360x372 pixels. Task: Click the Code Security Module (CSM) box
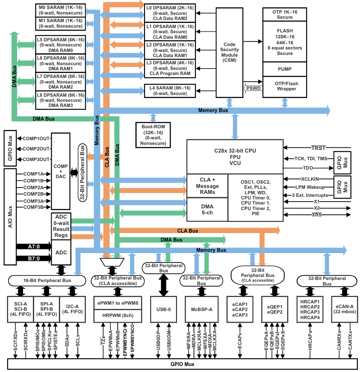click(229, 52)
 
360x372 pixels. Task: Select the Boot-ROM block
click(153, 135)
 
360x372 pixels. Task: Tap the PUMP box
click(285, 69)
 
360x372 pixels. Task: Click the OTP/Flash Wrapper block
click(285, 87)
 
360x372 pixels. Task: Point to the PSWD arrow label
click(253, 88)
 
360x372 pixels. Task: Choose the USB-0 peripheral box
click(163, 309)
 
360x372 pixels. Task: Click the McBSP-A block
click(202, 309)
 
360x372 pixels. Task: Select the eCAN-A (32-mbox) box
click(345, 309)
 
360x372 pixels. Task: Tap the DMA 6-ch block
click(207, 210)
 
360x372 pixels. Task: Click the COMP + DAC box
click(61, 171)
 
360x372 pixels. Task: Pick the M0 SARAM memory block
click(61, 10)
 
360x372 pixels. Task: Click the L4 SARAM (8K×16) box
click(170, 91)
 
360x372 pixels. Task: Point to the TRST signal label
click(319, 148)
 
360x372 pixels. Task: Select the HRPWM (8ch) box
click(118, 315)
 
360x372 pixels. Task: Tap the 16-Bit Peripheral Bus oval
click(47, 281)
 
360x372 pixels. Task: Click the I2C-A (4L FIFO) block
click(73, 309)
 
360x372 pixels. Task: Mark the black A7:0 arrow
click(34, 246)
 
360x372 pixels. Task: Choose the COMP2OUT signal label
click(36, 149)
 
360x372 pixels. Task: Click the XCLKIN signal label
click(310, 179)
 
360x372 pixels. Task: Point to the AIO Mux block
click(10, 217)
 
